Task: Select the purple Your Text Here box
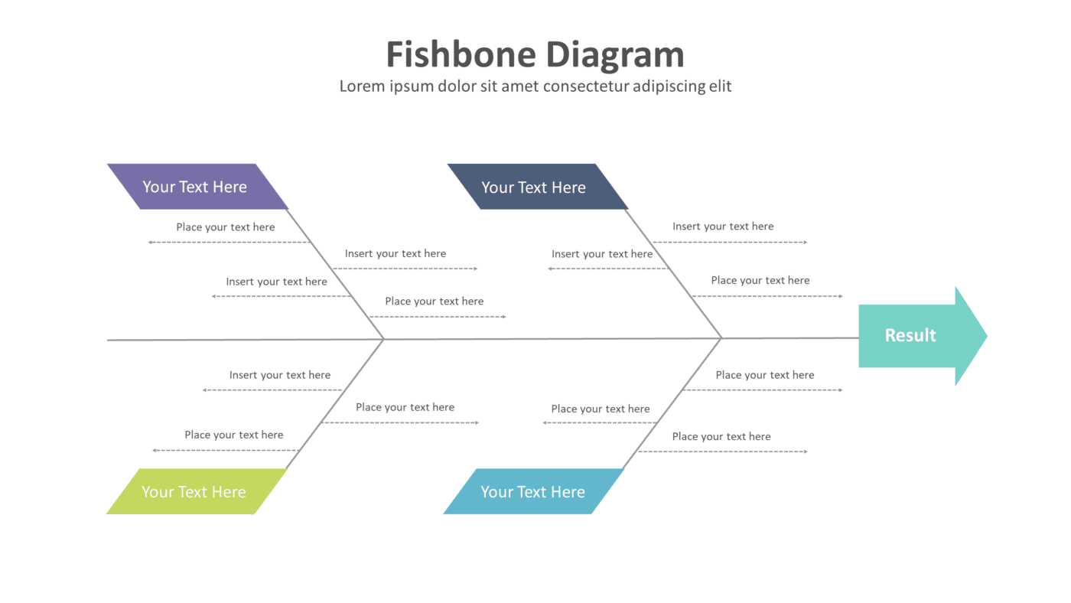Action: click(197, 187)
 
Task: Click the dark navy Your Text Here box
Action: click(535, 187)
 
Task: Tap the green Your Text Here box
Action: click(195, 491)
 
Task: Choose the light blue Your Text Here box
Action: click(533, 491)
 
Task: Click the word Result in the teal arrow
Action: click(910, 335)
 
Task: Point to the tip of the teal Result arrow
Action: click(985, 335)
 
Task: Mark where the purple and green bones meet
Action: click(383, 339)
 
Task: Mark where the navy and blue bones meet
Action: click(721, 337)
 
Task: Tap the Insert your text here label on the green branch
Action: click(280, 375)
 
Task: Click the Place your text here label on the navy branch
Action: click(760, 280)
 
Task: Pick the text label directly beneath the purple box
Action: click(226, 227)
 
